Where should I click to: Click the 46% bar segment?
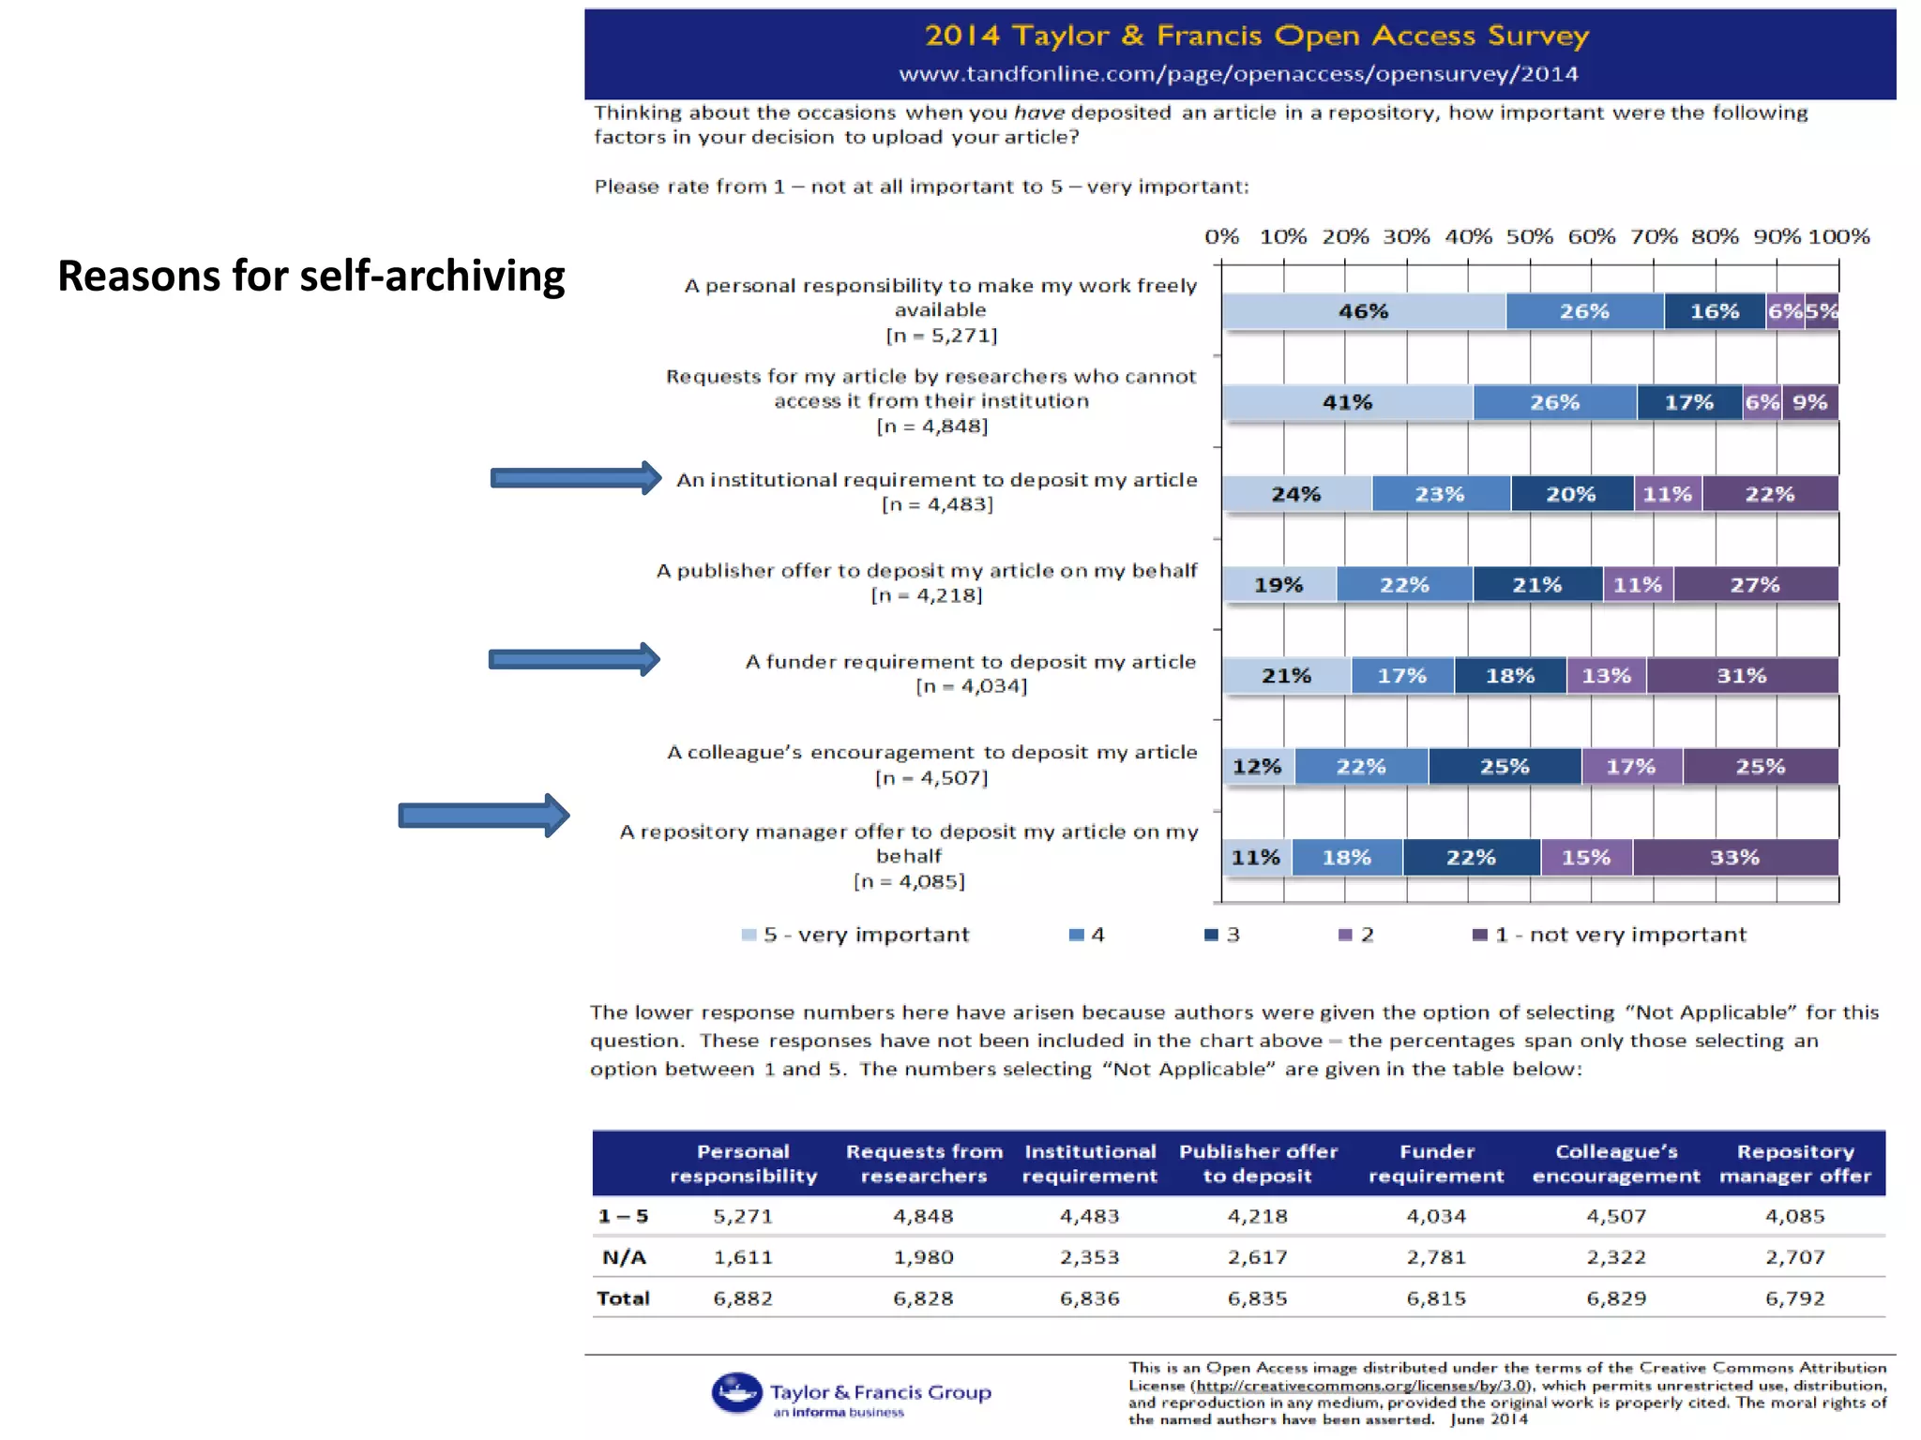1363,311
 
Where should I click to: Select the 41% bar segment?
1347,402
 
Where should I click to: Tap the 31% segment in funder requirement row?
1742,676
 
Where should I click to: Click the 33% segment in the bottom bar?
1735,858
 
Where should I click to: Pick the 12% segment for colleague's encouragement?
1257,767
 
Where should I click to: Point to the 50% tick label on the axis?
1530,237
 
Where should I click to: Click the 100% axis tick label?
1839,237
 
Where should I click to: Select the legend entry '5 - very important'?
855,935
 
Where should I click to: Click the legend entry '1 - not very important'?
1610,935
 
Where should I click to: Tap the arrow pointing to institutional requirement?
575,478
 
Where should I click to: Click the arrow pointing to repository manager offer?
484,816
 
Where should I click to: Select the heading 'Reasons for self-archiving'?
311,276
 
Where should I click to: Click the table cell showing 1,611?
743,1257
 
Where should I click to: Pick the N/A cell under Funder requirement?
1436,1257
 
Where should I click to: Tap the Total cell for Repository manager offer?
1794,1298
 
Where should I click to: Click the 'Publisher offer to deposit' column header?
1258,1163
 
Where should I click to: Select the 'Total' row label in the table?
623,1298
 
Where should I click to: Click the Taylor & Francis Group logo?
851,1394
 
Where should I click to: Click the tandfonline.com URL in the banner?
1238,74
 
